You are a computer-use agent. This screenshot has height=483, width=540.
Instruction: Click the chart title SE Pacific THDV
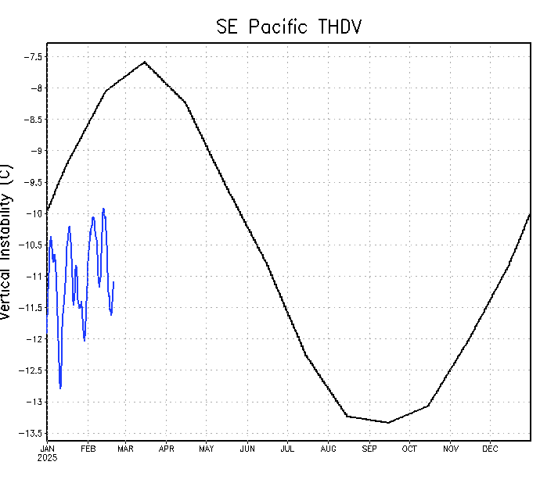coord(289,27)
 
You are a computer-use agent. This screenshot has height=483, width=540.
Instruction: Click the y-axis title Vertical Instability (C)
coord(7,241)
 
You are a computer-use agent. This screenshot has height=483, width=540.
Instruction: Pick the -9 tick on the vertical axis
coord(34,151)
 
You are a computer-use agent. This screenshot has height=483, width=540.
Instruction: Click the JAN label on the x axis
coord(47,449)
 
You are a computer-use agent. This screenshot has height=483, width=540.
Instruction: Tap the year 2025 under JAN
coord(47,457)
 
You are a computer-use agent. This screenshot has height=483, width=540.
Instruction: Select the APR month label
coord(167,449)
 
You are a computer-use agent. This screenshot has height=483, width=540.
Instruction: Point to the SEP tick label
coord(369,449)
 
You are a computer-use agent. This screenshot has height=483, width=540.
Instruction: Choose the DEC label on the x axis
coord(490,449)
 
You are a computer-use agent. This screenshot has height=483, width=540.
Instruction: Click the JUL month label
coord(287,449)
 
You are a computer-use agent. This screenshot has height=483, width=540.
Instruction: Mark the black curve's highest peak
coord(145,62)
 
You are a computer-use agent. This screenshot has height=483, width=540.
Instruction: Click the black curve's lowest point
coord(387,423)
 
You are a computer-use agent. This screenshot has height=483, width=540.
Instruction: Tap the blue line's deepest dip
coord(60,388)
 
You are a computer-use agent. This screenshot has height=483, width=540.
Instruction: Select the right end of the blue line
coord(113,282)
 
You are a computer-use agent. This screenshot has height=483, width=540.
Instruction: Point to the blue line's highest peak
coord(103,209)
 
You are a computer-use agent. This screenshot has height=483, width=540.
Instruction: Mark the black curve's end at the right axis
coord(531,213)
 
